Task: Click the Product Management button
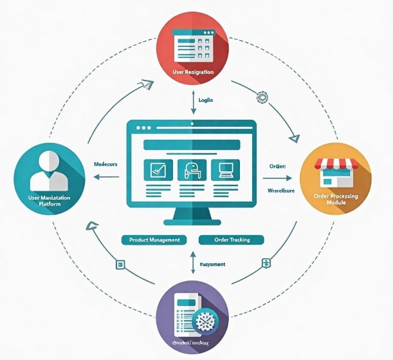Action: (x=154, y=240)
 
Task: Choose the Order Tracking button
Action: (x=232, y=240)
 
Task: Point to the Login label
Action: (x=206, y=100)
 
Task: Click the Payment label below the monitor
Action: (x=212, y=264)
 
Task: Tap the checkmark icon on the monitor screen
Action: (x=157, y=170)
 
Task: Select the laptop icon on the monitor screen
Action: (x=226, y=170)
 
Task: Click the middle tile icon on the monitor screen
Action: (x=192, y=170)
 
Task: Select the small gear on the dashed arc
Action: (x=262, y=98)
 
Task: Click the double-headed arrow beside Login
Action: (x=193, y=103)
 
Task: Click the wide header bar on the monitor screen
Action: (x=192, y=144)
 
